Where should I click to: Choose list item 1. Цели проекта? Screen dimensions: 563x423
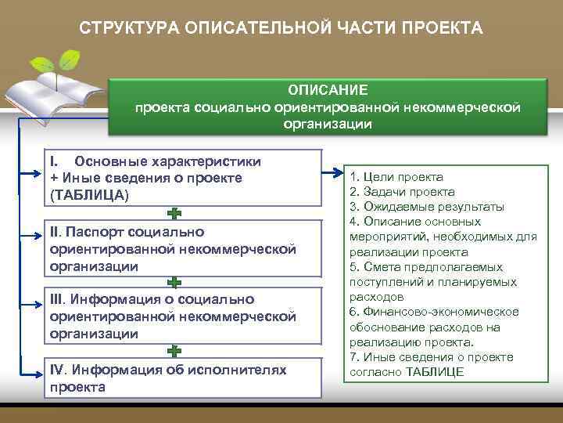tap(396, 177)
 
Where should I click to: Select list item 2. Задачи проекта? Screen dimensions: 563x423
tap(403, 192)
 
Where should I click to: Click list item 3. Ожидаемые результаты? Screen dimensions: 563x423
tap(427, 207)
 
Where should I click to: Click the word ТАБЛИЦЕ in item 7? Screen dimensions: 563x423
tap(436, 371)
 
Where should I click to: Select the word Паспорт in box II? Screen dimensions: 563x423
tap(92, 232)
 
